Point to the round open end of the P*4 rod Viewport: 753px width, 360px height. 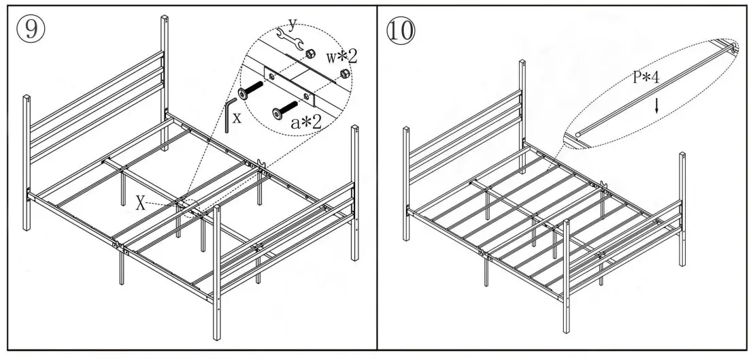578,135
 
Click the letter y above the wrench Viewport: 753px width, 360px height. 292,24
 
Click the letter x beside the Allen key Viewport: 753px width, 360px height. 237,117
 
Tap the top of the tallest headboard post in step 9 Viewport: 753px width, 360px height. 164,18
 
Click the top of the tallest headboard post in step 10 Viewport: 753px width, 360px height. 522,63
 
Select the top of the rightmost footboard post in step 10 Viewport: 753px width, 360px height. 682,155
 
